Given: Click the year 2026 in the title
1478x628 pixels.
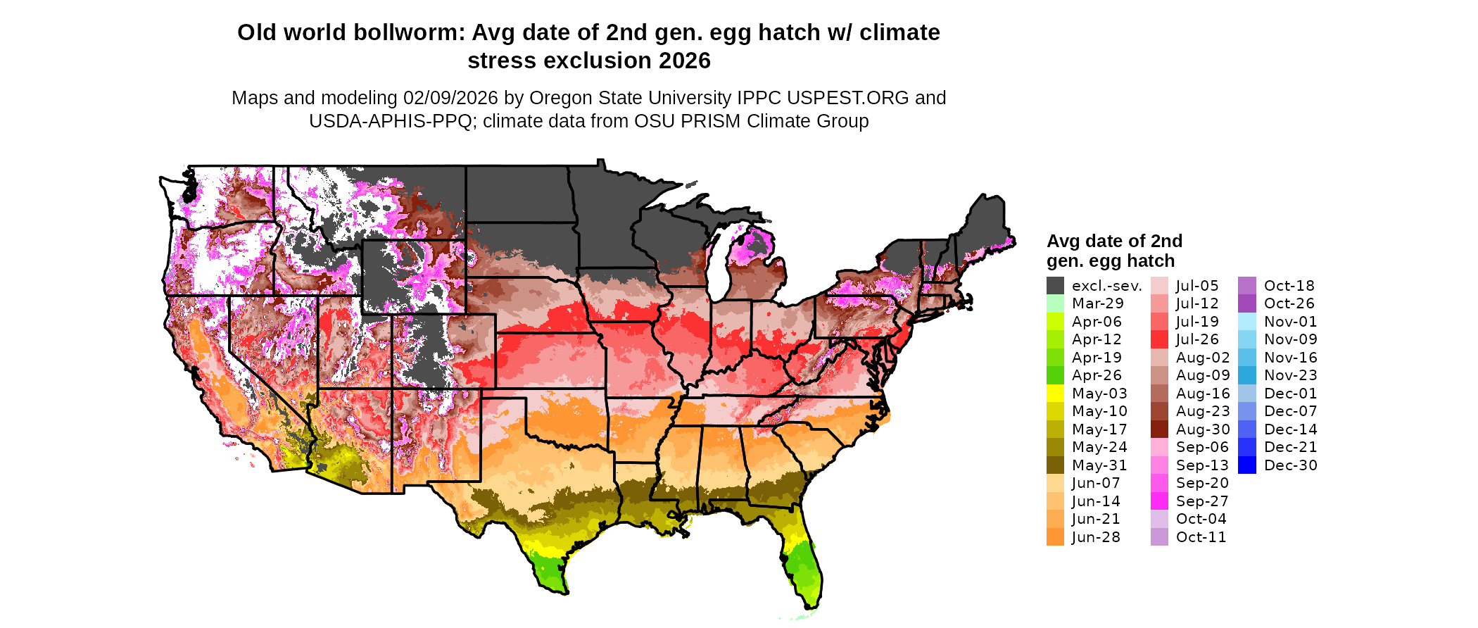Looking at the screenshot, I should pos(685,61).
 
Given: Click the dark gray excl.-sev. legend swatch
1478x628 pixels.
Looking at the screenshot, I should pos(1055,286).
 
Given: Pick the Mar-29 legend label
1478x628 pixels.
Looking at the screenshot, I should pos(1097,303).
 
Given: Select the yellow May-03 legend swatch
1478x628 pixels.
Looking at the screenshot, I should pos(1055,394).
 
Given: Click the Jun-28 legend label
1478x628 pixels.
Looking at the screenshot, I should pos(1096,537).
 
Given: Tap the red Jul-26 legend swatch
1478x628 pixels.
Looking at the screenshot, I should pos(1159,339).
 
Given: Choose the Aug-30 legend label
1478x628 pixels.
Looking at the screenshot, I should pos(1203,429).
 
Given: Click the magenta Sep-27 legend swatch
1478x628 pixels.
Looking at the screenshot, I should pos(1159,501).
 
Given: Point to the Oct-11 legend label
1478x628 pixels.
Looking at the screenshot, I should pos(1201,537).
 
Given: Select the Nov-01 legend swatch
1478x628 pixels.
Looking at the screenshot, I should pos(1246,322).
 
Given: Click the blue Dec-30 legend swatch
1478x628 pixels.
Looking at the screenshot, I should pos(1246,465).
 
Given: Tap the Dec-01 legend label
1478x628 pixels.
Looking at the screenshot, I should pos(1290,394).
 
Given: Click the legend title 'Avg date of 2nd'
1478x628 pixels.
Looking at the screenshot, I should pos(1114,241).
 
